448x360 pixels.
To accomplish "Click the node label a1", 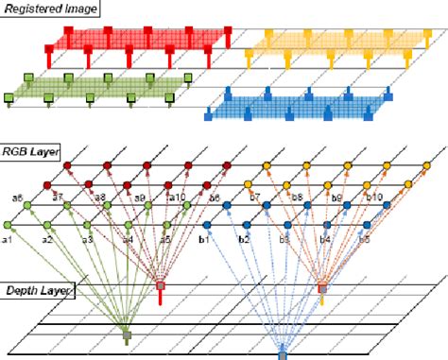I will point(8,241).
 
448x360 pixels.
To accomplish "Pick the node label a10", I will point(177,197).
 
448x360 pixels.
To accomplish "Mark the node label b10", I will point(373,197).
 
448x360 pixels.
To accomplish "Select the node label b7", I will point(254,197).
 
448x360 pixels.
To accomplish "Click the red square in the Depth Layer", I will point(161,285).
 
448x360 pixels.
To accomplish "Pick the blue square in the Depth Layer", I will point(282,354).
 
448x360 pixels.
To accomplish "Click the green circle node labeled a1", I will point(9,225).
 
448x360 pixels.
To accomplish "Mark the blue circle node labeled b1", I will point(207,225).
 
